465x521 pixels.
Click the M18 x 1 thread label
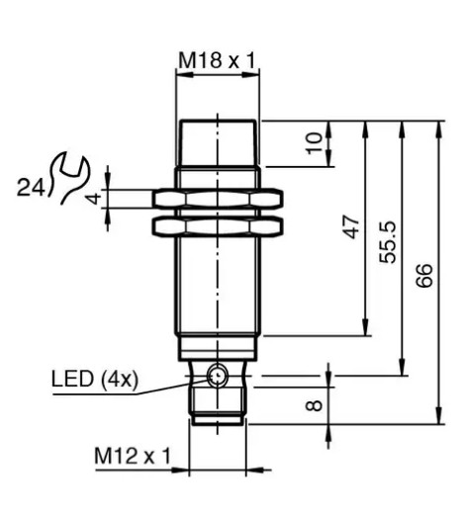[217, 61]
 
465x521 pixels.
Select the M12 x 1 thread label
[133, 456]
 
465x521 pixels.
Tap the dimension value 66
[423, 275]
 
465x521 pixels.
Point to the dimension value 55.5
[388, 242]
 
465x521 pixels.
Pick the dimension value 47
[351, 227]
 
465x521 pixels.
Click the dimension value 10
[314, 143]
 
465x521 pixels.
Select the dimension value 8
[314, 405]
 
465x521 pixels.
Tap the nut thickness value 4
[93, 199]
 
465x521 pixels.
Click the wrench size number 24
[31, 188]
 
